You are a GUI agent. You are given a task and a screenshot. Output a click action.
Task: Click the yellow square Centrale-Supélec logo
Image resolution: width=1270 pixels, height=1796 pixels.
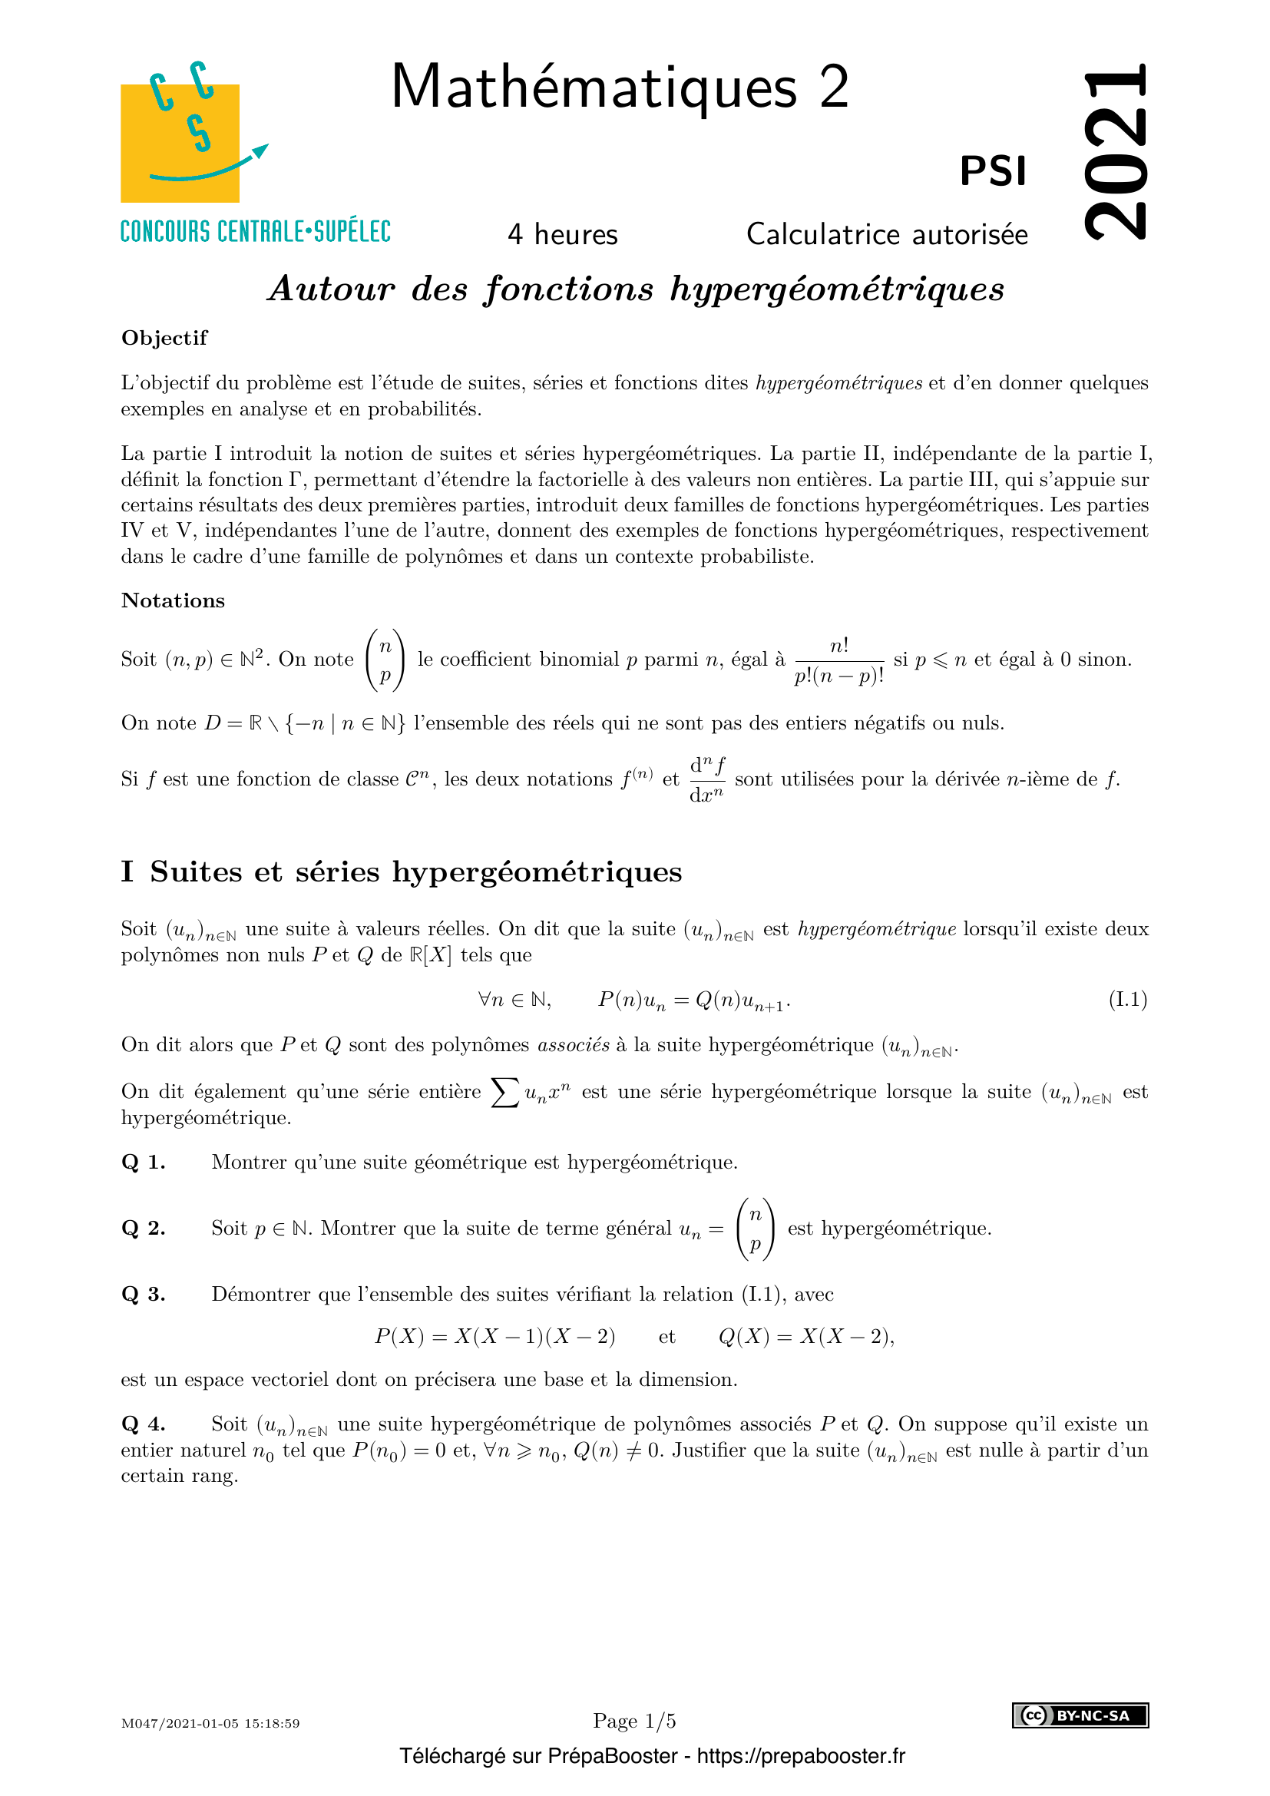click(180, 142)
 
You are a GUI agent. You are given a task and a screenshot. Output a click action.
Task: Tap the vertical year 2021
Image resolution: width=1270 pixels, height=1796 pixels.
click(1116, 150)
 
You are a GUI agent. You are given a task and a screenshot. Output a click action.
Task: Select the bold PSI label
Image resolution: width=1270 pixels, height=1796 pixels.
click(992, 171)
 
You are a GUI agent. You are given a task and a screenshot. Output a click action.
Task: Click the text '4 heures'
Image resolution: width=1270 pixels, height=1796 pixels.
click(562, 235)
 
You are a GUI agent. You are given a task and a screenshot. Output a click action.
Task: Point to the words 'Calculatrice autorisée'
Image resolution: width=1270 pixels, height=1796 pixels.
click(887, 235)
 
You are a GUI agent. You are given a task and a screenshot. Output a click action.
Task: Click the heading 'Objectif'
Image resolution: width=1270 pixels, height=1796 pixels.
click(164, 338)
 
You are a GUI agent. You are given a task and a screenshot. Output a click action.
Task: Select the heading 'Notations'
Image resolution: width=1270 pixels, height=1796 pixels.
click(173, 600)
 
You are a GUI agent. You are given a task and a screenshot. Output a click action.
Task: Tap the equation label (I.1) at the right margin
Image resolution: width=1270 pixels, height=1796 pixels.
click(1128, 1000)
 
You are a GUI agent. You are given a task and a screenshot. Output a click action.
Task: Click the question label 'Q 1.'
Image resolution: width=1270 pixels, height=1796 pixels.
click(144, 1163)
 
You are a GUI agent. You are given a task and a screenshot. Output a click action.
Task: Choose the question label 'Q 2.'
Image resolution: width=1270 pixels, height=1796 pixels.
click(144, 1229)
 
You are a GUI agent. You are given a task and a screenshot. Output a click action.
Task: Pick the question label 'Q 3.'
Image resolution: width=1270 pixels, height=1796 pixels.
click(144, 1295)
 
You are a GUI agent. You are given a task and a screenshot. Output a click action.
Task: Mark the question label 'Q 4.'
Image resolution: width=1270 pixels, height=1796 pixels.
click(144, 1424)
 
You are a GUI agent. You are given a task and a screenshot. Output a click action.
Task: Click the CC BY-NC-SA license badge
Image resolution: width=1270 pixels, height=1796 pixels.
click(1080, 1715)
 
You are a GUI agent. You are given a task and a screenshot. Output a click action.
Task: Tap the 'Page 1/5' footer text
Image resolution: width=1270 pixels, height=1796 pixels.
click(634, 1721)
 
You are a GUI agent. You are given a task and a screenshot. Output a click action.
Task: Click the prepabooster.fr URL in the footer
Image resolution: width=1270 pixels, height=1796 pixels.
click(801, 1756)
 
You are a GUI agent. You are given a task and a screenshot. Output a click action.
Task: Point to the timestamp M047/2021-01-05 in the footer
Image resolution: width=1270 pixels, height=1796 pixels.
click(210, 1723)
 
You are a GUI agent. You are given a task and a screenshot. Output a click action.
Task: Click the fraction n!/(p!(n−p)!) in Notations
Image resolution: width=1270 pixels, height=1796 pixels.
click(838, 661)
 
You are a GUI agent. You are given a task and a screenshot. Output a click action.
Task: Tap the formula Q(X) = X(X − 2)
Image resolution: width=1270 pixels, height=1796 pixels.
click(806, 1337)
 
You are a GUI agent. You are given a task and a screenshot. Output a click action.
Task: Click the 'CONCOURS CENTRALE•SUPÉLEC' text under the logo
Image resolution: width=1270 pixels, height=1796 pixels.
click(256, 232)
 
